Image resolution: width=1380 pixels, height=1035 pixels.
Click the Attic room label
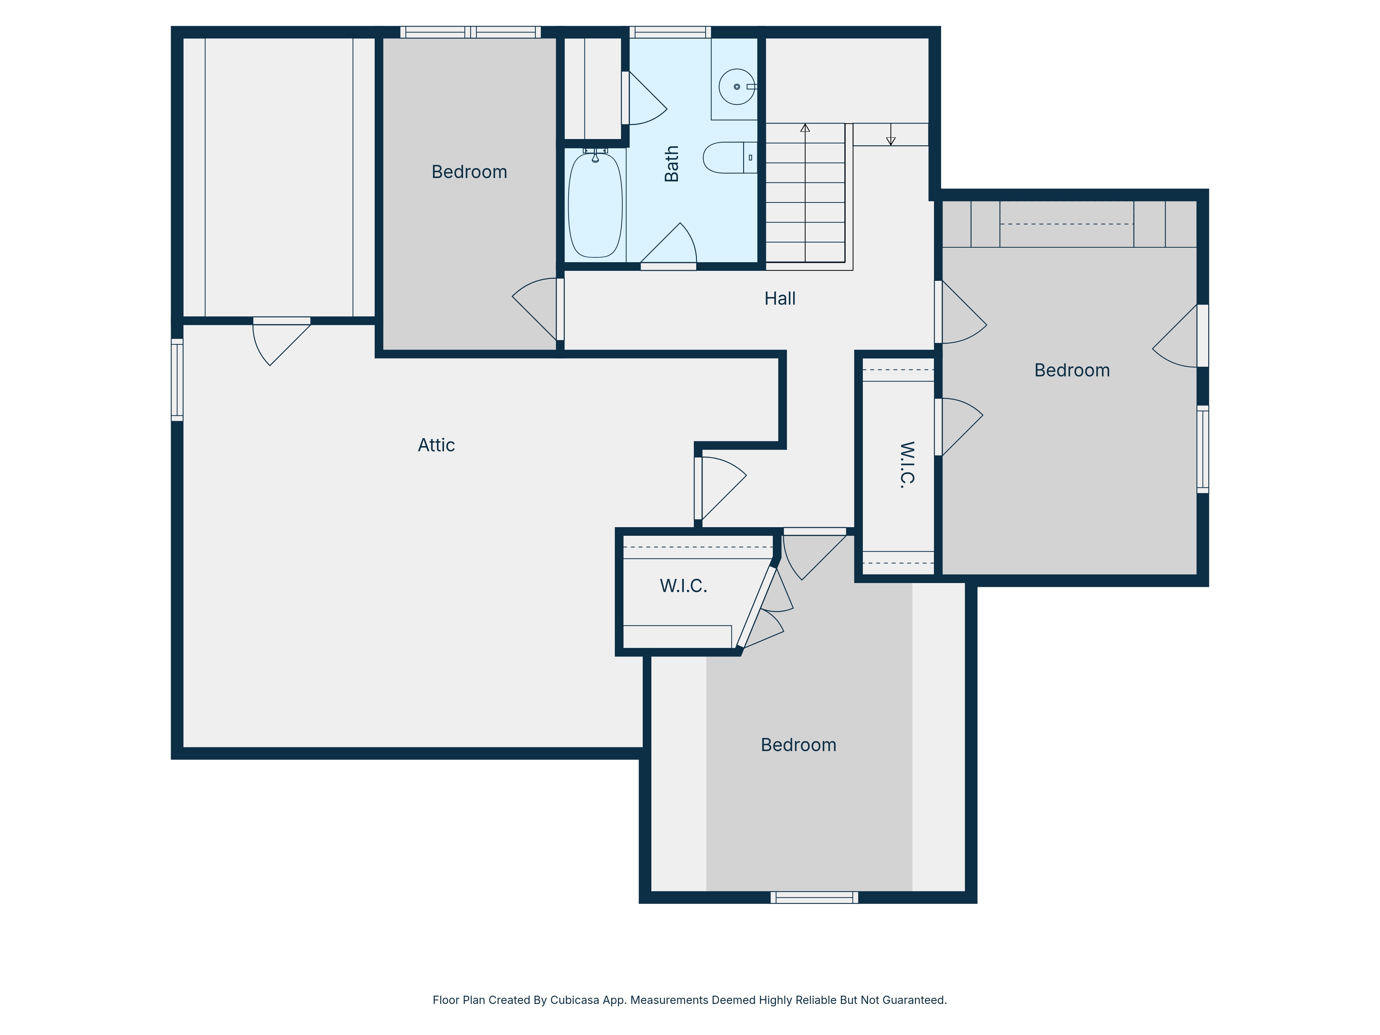click(436, 445)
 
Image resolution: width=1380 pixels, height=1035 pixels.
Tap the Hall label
click(780, 298)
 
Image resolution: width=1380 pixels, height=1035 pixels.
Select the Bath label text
click(671, 164)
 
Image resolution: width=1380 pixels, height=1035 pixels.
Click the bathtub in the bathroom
click(595, 205)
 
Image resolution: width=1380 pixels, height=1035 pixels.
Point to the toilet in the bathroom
click(730, 157)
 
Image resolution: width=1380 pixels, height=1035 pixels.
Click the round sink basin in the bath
click(737, 87)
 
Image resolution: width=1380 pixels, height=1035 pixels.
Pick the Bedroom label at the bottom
click(799, 745)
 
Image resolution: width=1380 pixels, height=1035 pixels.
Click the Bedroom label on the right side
click(1072, 370)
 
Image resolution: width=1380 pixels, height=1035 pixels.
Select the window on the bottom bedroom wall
click(814, 897)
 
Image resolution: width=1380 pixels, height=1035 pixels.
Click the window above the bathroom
click(670, 32)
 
